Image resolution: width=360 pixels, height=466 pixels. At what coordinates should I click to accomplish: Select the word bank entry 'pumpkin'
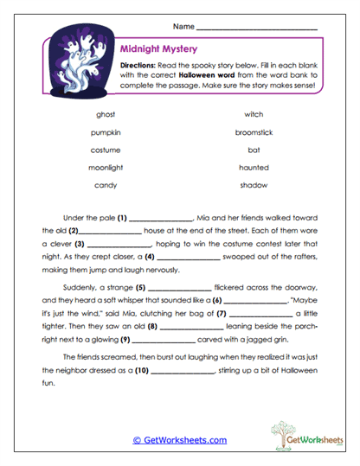click(x=105, y=132)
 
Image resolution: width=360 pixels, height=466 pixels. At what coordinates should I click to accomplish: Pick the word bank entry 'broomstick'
click(x=254, y=132)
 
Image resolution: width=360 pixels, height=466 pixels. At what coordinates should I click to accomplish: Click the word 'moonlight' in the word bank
click(x=105, y=167)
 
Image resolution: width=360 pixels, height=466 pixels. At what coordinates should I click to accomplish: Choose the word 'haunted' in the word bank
click(x=254, y=167)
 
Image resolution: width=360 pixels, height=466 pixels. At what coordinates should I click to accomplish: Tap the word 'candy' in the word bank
click(x=105, y=185)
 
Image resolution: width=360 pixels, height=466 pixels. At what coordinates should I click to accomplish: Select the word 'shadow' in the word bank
click(x=254, y=185)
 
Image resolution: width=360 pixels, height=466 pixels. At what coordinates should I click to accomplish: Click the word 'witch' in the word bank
click(x=254, y=114)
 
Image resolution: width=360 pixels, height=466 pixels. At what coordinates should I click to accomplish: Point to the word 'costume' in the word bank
click(x=105, y=150)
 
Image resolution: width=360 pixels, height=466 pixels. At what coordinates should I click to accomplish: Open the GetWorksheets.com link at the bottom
click(x=179, y=440)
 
